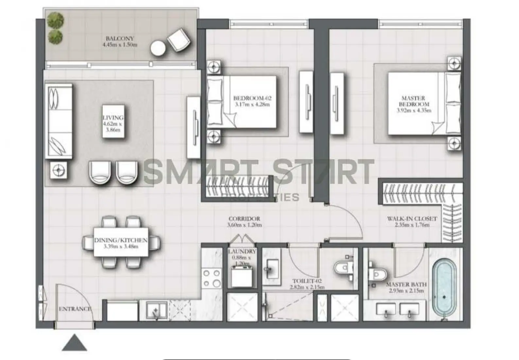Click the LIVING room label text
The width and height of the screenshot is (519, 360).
(x=113, y=117)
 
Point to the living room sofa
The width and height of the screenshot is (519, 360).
(x=59, y=121)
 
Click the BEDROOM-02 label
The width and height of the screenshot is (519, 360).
(x=252, y=98)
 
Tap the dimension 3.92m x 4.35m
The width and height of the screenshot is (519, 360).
(x=413, y=110)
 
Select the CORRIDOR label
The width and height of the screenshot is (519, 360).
(x=244, y=219)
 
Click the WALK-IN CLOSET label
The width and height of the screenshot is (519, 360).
(x=412, y=219)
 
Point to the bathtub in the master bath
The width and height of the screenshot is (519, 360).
(x=444, y=289)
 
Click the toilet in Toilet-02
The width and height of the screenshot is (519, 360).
(x=343, y=269)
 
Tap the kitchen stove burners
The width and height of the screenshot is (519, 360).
(x=212, y=278)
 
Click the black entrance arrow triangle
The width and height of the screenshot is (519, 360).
(x=75, y=343)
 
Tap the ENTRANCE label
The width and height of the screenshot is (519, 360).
(x=75, y=309)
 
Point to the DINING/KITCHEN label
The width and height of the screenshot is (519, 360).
(x=121, y=240)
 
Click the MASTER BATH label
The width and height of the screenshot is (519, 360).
(x=406, y=285)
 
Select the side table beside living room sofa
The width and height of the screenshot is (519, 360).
(x=59, y=170)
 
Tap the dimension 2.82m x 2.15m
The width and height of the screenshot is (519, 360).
(x=307, y=288)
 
